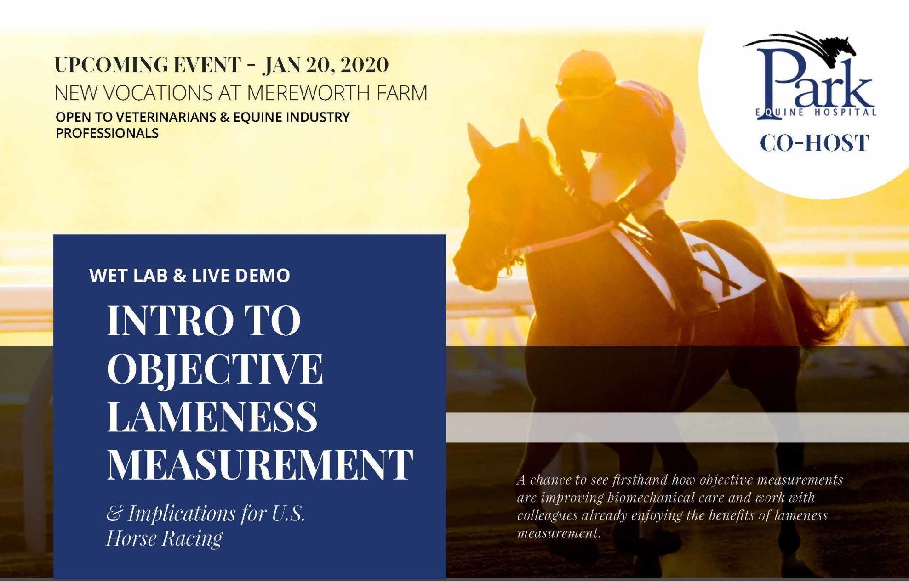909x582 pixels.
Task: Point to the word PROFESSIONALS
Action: (x=107, y=133)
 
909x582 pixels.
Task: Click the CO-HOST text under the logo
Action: (x=814, y=143)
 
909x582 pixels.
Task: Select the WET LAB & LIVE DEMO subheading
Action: (x=190, y=276)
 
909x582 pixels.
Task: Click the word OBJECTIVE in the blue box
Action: (x=215, y=369)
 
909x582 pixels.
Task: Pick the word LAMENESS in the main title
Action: (x=212, y=417)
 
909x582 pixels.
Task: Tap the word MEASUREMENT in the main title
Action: (x=260, y=465)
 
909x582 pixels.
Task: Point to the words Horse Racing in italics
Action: (x=165, y=538)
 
